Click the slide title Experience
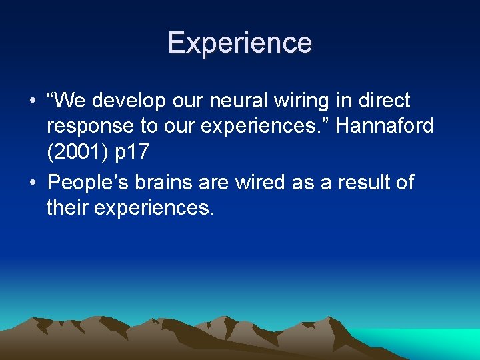pyautogui.click(x=239, y=43)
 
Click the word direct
pyautogui.click(x=386, y=101)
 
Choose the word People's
pyautogui.click(x=93, y=182)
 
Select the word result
pyautogui.click(x=356, y=182)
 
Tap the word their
pyautogui.click(x=68, y=209)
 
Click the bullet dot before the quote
pyautogui.click(x=31, y=102)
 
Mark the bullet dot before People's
pyautogui.click(x=31, y=183)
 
